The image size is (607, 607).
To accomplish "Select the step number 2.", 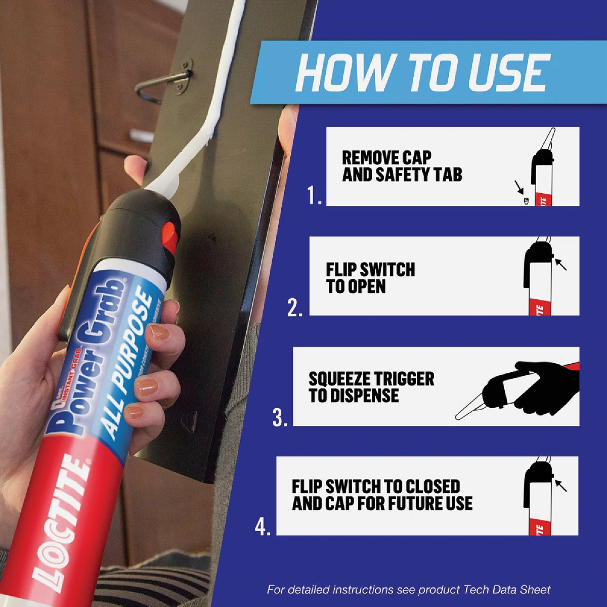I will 294,307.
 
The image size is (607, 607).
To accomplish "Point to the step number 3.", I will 280,417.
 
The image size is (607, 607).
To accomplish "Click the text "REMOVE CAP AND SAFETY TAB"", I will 402,166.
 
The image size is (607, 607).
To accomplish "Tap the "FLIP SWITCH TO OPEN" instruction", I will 370,278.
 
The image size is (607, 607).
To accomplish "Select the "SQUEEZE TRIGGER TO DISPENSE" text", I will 371,387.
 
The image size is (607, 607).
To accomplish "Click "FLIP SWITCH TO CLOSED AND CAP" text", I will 382,495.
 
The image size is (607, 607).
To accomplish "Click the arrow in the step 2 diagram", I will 560,264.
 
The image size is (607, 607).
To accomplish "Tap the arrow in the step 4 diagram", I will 560,485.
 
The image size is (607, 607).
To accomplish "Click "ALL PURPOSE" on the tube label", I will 128,364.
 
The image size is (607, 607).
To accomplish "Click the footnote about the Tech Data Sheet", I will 409,589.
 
